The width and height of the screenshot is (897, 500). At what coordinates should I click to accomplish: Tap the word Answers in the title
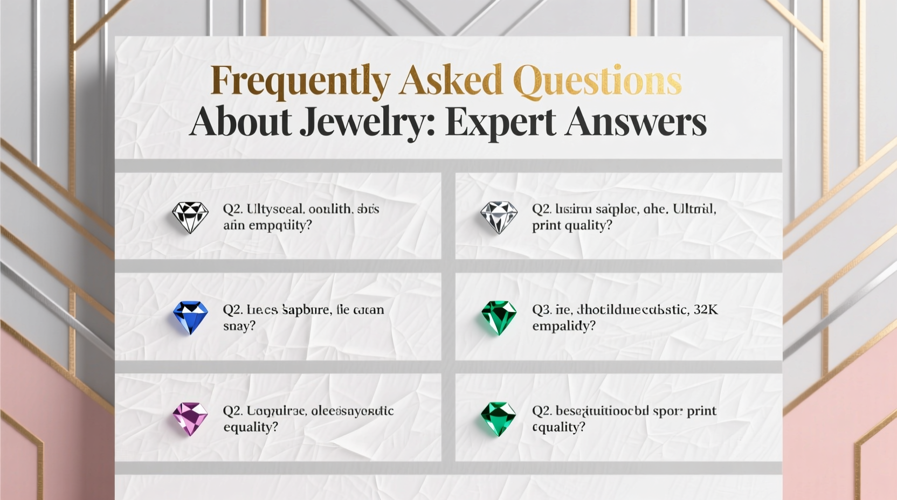point(636,122)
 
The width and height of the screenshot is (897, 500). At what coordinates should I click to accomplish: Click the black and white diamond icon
point(190,217)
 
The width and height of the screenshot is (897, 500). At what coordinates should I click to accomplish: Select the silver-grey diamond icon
point(499,217)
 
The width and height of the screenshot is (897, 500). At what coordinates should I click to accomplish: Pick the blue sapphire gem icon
point(190,317)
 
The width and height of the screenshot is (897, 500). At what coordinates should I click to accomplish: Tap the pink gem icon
point(190,419)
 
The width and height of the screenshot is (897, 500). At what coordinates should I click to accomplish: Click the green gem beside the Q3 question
point(499,317)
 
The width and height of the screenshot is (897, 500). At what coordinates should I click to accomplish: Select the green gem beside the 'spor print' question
point(499,419)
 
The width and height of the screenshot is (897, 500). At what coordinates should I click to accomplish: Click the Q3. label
point(542,310)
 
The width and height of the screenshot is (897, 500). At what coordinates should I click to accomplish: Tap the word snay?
point(239,326)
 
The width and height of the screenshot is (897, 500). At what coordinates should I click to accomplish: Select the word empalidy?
point(564,326)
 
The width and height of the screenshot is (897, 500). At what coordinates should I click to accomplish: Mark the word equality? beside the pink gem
point(251,427)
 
